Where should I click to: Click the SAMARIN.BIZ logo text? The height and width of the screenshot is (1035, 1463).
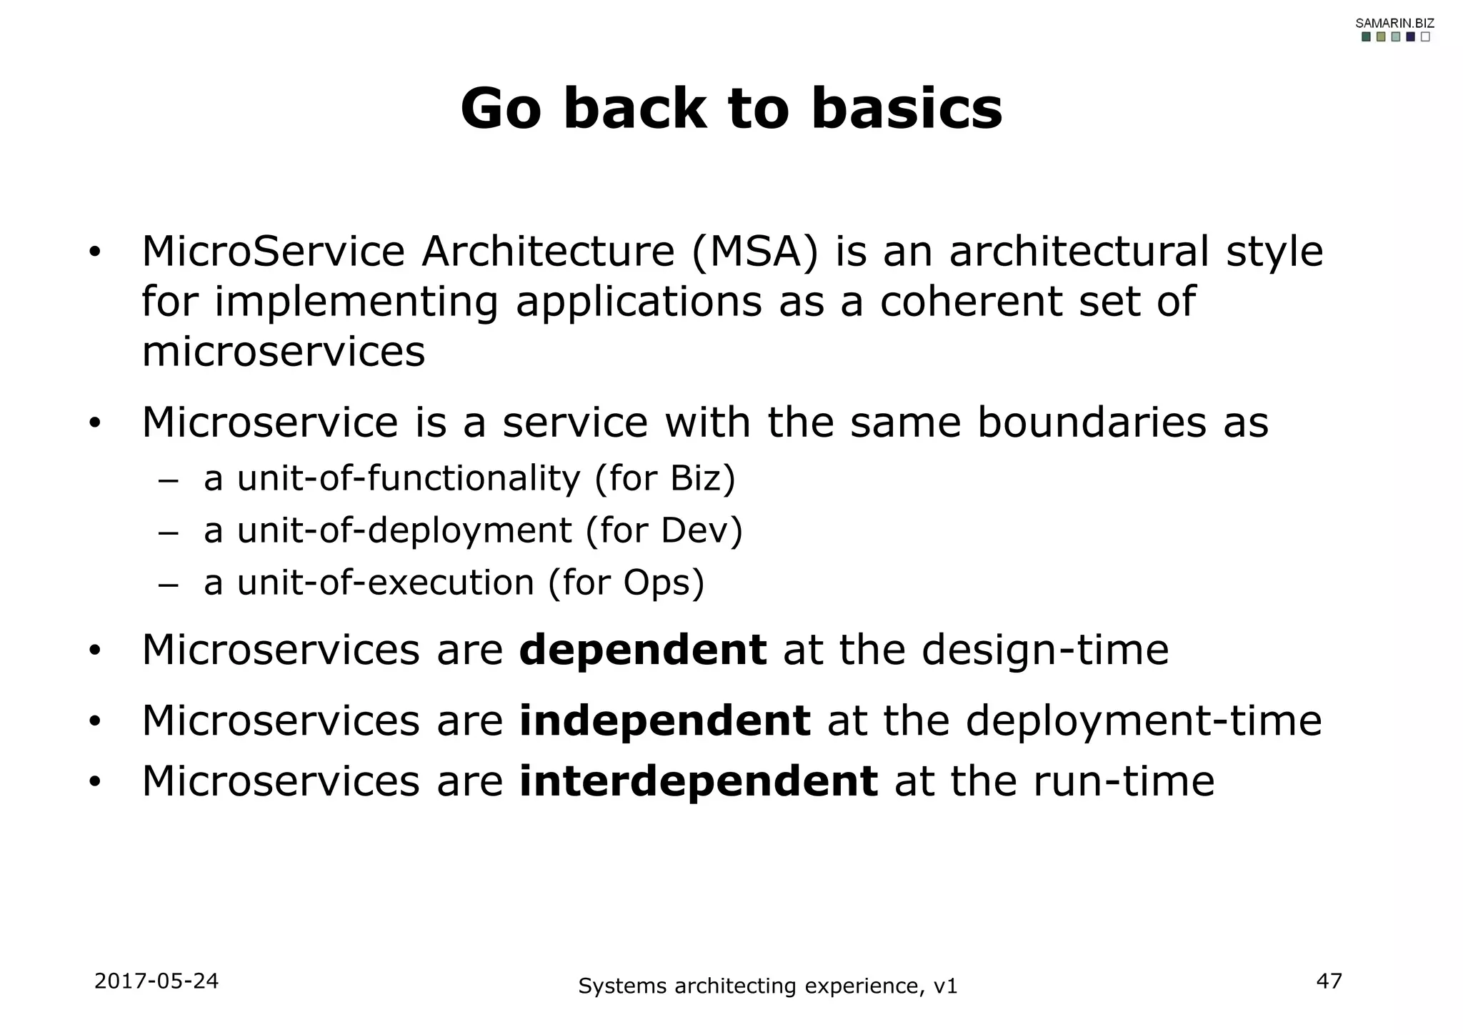tap(1394, 24)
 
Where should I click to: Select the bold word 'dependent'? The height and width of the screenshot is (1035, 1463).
tap(642, 650)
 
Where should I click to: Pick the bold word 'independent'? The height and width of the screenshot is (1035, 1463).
tap(664, 720)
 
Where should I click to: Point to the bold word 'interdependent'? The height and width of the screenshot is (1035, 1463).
tap(698, 781)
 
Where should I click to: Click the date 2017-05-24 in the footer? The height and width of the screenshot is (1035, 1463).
tap(156, 981)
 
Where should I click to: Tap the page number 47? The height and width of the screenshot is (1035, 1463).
tap(1329, 981)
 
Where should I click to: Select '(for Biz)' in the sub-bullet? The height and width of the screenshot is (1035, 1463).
tap(664, 479)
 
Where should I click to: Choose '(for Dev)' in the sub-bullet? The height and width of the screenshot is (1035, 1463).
tap(664, 531)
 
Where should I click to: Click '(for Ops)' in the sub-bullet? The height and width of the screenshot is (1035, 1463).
tap(626, 583)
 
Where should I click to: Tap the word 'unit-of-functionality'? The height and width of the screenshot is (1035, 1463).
tap(409, 479)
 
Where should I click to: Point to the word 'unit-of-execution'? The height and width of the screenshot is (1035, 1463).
tap(386, 583)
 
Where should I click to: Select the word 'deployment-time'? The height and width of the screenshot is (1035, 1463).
tap(1143, 720)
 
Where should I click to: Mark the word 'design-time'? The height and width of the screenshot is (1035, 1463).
tap(1044, 650)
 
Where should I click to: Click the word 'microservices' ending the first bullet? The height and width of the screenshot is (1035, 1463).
tap(283, 352)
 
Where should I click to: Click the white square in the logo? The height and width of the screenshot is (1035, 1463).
tap(1425, 37)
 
